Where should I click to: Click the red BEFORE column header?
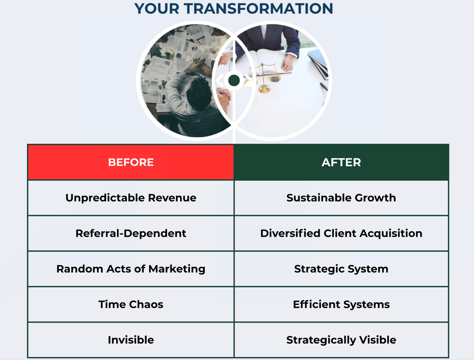point(131,163)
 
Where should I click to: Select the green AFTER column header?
point(341,163)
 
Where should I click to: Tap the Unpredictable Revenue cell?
point(131,198)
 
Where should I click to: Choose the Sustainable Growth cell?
point(341,198)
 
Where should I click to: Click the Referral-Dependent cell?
point(131,233)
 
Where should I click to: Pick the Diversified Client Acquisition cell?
point(341,233)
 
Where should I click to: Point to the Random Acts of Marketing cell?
point(131,269)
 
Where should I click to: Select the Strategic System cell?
point(341,269)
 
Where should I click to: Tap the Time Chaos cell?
point(131,304)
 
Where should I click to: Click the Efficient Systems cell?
point(341,304)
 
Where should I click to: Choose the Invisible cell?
point(131,340)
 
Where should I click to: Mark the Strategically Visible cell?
point(341,340)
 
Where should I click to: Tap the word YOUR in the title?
point(157,8)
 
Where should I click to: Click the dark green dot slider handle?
point(234,81)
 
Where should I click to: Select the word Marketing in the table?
point(177,269)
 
